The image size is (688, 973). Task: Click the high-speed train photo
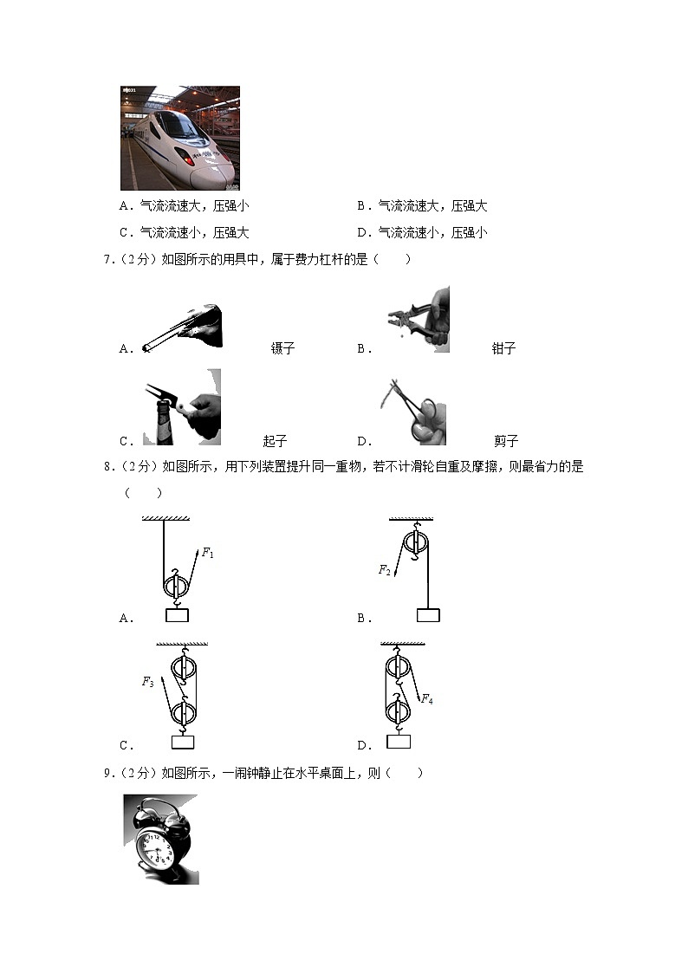pos(179,138)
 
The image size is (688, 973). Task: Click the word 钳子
pos(503,348)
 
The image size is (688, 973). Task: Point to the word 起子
pos(275,440)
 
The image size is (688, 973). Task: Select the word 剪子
pos(506,440)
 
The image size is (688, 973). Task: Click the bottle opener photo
pos(181,407)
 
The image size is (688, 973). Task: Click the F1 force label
pos(207,553)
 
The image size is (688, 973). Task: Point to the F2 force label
pos(384,569)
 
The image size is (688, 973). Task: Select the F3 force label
pos(147,682)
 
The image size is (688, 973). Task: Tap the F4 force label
pos(426,698)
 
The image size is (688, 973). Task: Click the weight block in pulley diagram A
pos(177,616)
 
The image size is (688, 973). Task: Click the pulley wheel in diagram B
pos(417,547)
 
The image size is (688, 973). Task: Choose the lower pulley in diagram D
pos(397,712)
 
